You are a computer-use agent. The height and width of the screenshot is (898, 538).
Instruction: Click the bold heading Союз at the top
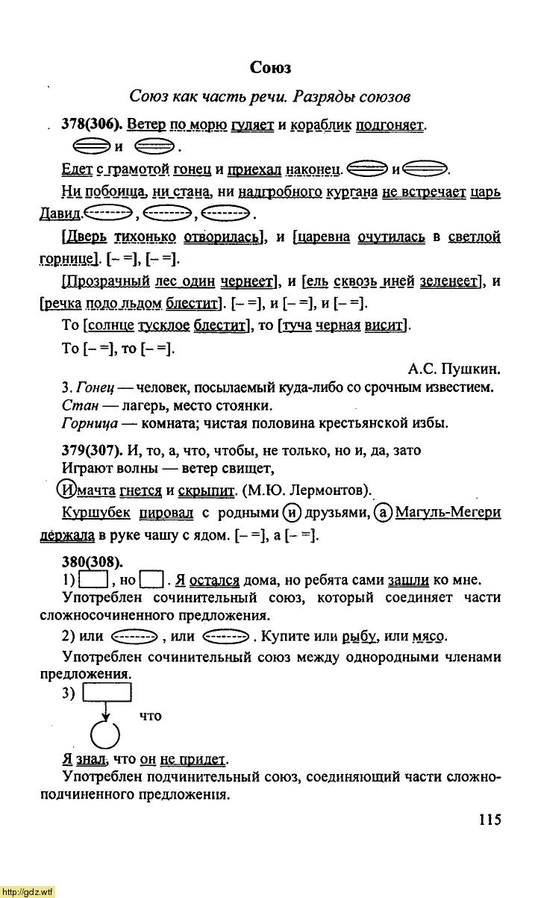270,68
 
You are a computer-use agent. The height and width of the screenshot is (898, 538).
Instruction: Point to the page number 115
489,820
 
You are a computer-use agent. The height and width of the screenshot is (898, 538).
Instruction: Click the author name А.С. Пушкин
454,368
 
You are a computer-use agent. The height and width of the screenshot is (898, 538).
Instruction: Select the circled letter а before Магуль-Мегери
384,512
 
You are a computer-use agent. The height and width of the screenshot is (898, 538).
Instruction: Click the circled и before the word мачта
67,490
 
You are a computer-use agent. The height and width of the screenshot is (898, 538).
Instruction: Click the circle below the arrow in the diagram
105,735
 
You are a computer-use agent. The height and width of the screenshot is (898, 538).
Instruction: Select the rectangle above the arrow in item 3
107,693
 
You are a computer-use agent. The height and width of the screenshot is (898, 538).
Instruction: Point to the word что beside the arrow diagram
151,716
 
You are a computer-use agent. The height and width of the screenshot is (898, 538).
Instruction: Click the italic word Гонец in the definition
93,387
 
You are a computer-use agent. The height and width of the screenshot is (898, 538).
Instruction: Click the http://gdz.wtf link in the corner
28,891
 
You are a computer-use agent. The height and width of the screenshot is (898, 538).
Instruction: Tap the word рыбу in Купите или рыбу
359,637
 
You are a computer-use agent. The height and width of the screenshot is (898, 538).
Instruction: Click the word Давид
59,214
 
